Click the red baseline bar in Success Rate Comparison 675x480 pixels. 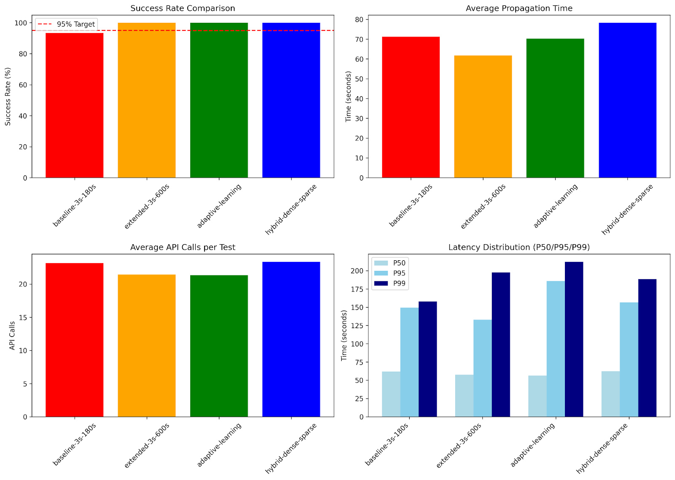[74, 105]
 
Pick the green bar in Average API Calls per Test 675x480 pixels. [219, 346]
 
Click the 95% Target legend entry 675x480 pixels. [67, 24]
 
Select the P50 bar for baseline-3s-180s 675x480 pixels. [391, 394]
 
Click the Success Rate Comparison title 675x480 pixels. [183, 8]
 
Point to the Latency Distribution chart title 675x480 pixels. [519, 247]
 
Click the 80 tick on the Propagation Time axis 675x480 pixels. [359, 19]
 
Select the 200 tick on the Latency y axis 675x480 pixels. [357, 271]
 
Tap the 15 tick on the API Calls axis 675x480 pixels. [23, 317]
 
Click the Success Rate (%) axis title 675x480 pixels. [8, 97]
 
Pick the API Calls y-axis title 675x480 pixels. [12, 335]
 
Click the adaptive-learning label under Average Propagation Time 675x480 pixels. [555, 206]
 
